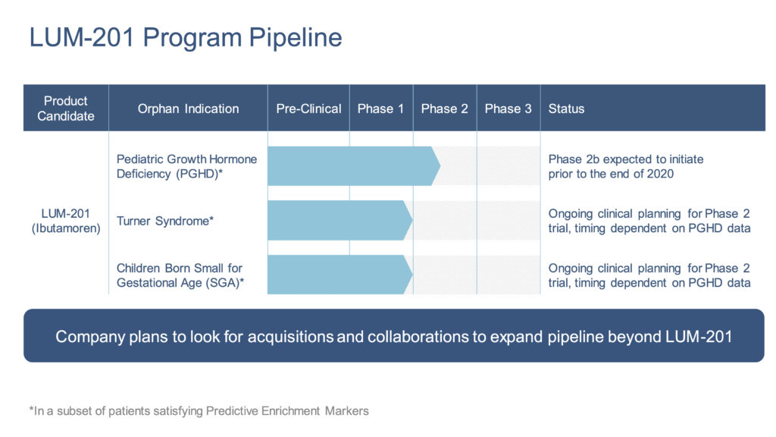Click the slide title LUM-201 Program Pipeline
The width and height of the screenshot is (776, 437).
(186, 37)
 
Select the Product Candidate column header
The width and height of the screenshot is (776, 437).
(66, 108)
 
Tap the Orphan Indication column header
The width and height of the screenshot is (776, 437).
(188, 108)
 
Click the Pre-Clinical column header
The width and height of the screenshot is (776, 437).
(308, 108)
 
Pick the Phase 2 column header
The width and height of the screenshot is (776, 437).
(444, 108)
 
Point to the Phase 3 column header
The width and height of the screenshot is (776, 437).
(508, 108)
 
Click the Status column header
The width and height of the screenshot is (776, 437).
(566, 108)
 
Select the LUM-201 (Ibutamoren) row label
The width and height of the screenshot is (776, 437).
(66, 221)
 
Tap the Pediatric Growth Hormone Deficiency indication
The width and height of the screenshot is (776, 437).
(186, 166)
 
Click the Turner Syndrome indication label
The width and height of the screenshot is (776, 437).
(164, 221)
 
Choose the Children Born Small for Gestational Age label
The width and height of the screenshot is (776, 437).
(180, 275)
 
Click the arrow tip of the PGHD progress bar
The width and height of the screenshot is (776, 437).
(436, 166)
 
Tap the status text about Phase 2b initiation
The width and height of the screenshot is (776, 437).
(625, 166)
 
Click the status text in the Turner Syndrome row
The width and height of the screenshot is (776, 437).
(649, 221)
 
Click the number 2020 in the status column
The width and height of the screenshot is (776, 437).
(660, 174)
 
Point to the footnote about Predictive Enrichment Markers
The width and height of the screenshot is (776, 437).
(199, 411)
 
